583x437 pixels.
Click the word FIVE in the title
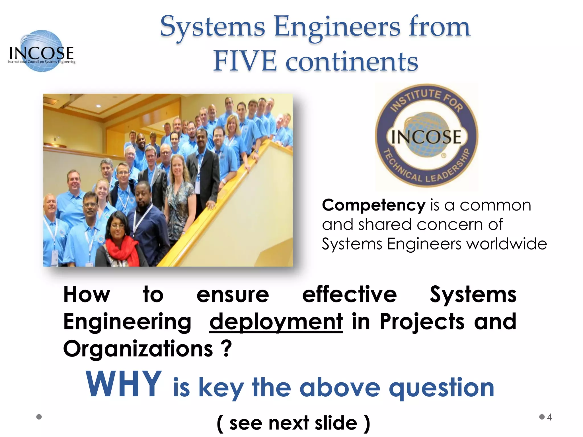coord(245,61)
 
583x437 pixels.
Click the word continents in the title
coord(352,61)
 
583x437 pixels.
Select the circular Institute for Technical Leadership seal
coord(426,136)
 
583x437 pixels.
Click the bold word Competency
coord(373,205)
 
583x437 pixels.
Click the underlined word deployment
coord(276,321)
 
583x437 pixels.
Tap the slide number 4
coord(549,417)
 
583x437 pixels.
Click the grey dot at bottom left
coord(39,417)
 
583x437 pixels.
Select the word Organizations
coord(138,349)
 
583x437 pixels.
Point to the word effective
coord(349,294)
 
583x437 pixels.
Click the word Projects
coord(422,321)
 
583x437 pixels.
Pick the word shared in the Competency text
coord(385,224)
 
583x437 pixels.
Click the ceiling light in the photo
coord(98,106)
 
